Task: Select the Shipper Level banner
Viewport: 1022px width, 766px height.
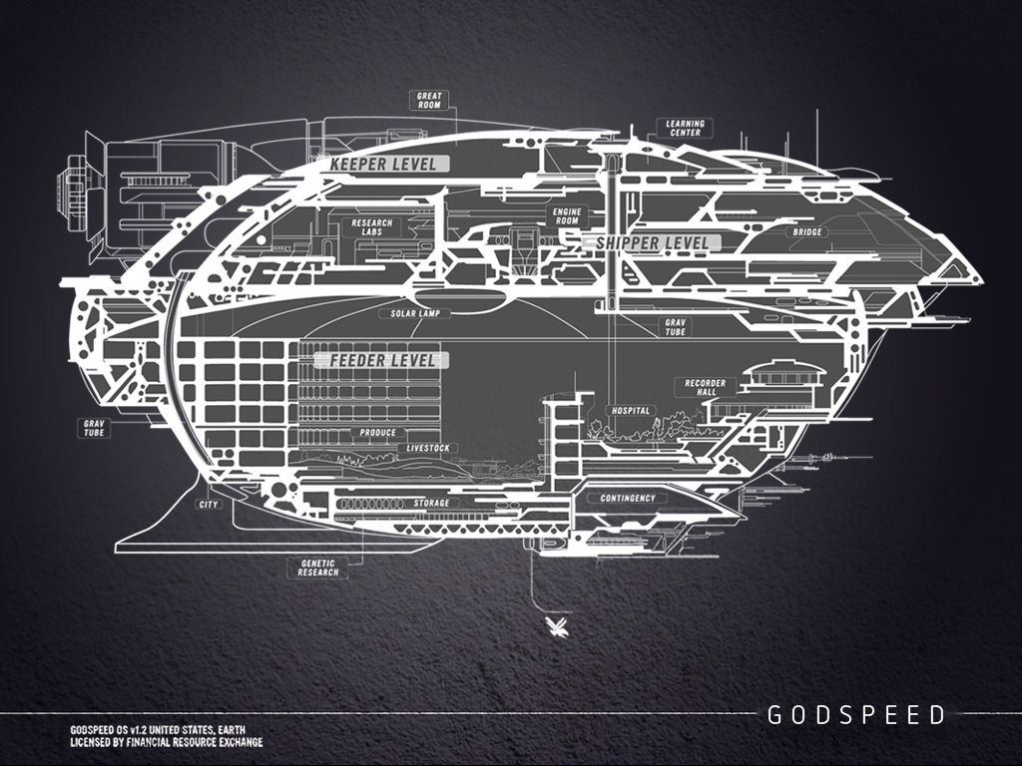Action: click(x=652, y=242)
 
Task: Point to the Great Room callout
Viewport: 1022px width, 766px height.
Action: click(x=429, y=100)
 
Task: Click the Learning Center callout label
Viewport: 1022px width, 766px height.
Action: click(x=685, y=128)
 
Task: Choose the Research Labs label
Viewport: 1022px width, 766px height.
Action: click(x=372, y=226)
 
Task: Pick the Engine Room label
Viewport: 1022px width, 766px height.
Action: click(x=566, y=216)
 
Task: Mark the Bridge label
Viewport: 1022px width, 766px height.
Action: click(x=807, y=232)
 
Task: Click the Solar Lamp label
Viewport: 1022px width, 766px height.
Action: click(x=416, y=313)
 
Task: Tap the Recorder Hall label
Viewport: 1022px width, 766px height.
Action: click(x=707, y=387)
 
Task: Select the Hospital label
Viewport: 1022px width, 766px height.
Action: click(x=630, y=410)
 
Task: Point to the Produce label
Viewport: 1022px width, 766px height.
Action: click(x=378, y=433)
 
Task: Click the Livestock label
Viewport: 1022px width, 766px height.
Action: click(x=429, y=449)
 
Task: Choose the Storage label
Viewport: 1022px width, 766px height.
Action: click(x=431, y=504)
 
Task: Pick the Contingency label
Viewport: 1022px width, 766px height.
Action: click(x=628, y=498)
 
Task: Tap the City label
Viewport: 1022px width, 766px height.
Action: click(x=209, y=505)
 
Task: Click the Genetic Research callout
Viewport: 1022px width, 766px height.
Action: click(x=318, y=568)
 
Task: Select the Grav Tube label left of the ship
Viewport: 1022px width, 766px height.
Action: click(x=95, y=428)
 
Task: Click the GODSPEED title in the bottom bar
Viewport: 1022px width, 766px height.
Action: click(x=855, y=714)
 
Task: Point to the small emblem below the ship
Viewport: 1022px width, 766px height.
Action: click(x=552, y=626)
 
